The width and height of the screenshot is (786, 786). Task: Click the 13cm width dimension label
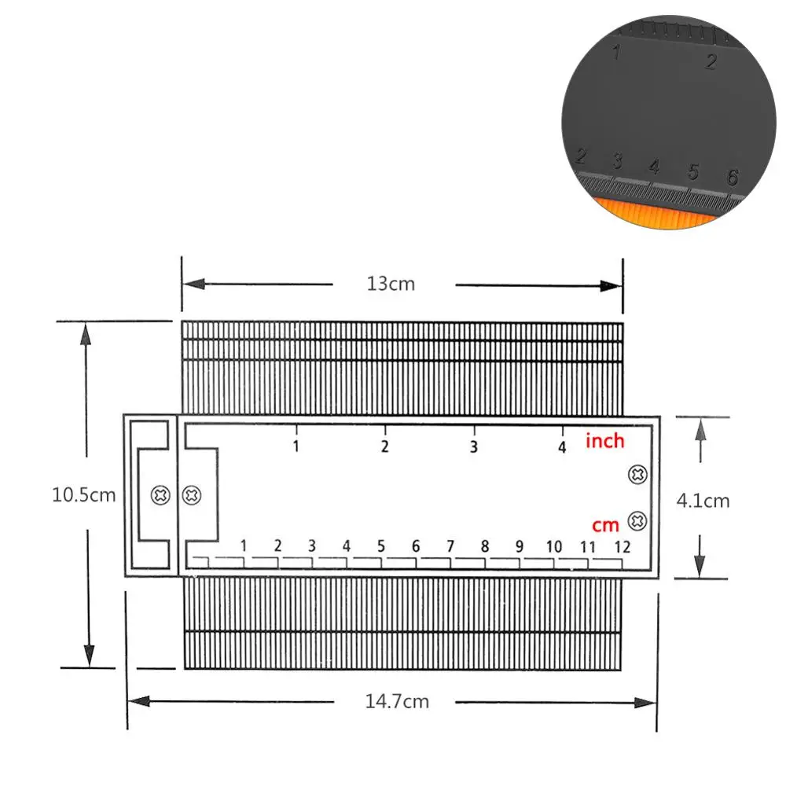391,284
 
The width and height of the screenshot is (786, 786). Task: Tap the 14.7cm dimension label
397,701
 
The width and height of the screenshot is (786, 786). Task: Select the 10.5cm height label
84,494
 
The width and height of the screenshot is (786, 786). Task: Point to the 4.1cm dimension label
703,500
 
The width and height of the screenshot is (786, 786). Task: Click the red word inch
605,441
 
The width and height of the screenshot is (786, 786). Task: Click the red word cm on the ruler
605,525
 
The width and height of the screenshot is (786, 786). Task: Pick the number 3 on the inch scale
474,446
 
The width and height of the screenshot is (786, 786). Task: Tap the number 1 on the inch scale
296,446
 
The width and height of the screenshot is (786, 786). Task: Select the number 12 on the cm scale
622,546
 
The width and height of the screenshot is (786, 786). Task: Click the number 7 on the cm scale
450,546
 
